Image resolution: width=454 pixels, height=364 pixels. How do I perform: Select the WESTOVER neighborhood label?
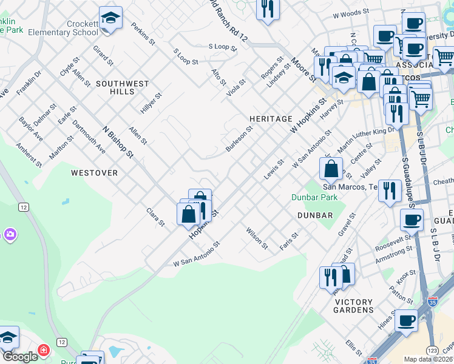click(94, 173)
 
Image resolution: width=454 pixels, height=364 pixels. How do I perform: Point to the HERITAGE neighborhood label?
click(271, 119)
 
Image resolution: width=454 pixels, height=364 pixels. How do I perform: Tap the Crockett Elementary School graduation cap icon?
click(110, 18)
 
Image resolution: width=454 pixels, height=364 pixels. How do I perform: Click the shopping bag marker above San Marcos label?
click(331, 169)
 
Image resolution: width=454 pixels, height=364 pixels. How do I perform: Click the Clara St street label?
click(155, 217)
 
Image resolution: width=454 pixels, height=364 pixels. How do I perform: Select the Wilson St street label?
click(257, 238)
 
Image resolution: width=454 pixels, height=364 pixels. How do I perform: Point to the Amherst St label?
click(29, 155)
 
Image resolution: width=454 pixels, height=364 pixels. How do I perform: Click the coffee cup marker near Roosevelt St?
click(411, 220)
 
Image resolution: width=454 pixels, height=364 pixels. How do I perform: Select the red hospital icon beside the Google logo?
click(43, 351)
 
